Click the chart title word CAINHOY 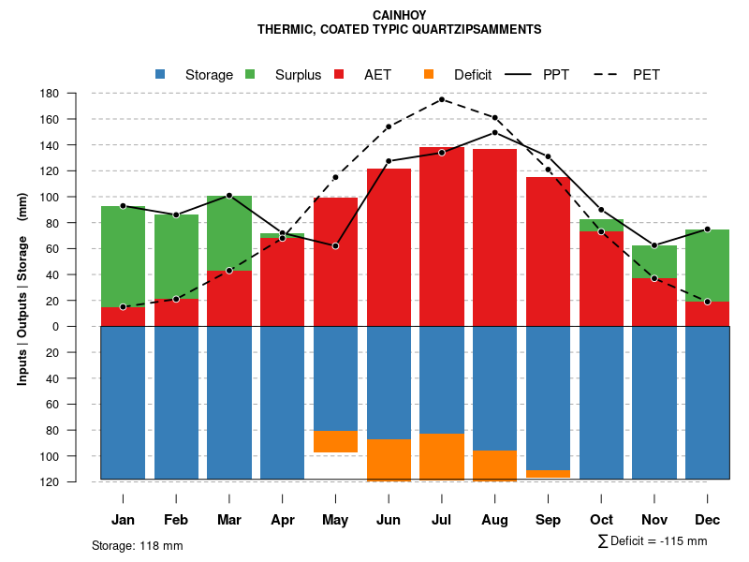(x=400, y=15)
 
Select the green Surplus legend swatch (x=250, y=75)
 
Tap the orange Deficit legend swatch (x=429, y=75)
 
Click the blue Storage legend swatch (x=160, y=75)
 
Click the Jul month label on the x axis (x=442, y=520)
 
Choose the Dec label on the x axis (x=707, y=520)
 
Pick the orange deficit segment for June (x=389, y=460)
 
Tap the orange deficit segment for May (x=335, y=441)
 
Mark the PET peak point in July (x=442, y=99)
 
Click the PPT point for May (x=335, y=245)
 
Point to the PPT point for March (x=229, y=195)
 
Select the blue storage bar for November (x=654, y=403)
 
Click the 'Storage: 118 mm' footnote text (x=137, y=545)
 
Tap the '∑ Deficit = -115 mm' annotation (x=652, y=541)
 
